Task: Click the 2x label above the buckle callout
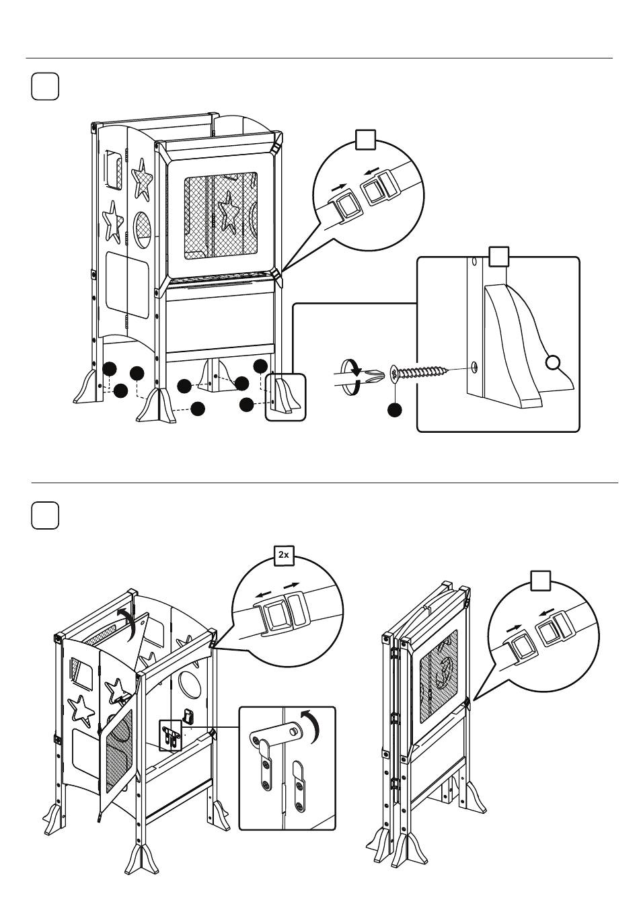click(283, 555)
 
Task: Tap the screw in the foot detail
click(419, 372)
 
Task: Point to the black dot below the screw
click(394, 410)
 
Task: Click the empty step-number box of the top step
click(45, 87)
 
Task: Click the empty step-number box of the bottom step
click(45, 515)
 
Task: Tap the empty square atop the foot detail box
click(499, 257)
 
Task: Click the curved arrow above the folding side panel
click(127, 625)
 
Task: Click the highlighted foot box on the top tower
click(285, 397)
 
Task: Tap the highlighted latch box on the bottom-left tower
click(170, 735)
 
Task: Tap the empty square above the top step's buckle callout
click(365, 140)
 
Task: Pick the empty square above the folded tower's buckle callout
click(541, 581)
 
